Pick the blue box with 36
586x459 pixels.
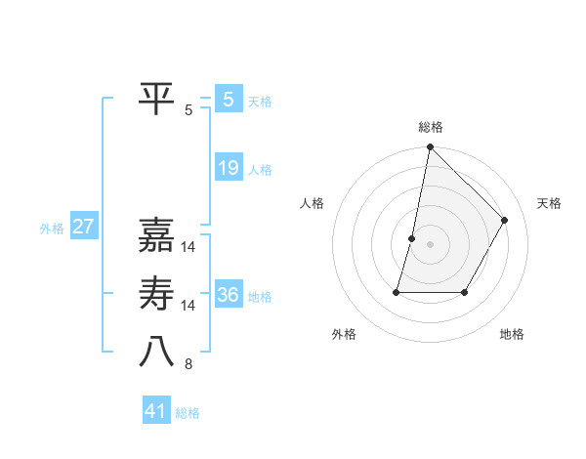pos(228,295)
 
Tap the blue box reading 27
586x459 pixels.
pos(83,228)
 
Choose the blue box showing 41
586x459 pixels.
pos(156,411)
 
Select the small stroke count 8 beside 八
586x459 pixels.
pos(188,364)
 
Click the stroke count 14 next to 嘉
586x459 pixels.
pos(188,246)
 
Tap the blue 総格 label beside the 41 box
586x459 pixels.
pos(188,413)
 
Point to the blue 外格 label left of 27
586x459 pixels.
pos(52,229)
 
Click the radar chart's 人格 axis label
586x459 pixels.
pos(312,203)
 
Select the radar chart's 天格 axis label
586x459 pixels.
pos(549,203)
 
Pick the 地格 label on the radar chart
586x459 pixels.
pos(512,334)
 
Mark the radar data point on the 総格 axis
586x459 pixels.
pos(430,147)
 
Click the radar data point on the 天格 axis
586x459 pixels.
pos(505,220)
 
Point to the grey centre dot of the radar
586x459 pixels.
pos(430,244)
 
